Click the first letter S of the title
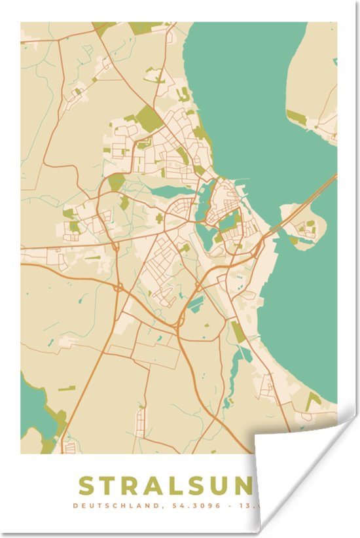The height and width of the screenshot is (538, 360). [87, 486]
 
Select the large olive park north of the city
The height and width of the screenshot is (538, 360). [149, 118]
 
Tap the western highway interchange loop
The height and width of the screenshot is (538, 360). [118, 287]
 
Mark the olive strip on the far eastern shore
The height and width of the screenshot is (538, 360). [296, 118]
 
